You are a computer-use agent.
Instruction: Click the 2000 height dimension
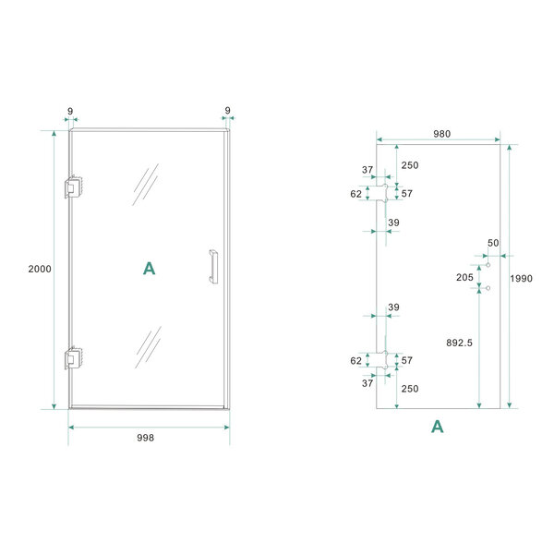(40, 269)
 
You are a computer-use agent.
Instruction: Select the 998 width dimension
(149, 438)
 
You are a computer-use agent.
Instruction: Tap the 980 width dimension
(441, 134)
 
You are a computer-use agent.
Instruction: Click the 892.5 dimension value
(458, 343)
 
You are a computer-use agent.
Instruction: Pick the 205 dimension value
(464, 277)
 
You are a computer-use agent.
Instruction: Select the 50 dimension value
(492, 242)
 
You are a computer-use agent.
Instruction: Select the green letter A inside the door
(149, 269)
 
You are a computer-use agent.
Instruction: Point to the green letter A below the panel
(438, 426)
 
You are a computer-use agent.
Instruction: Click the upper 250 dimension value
(410, 164)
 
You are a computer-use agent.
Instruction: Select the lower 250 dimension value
(410, 388)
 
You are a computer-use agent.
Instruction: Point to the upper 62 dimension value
(356, 194)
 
